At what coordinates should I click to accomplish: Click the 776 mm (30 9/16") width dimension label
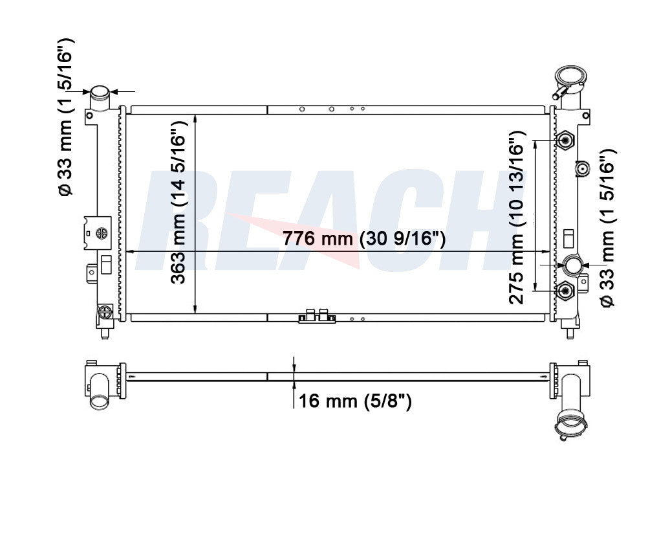(364, 239)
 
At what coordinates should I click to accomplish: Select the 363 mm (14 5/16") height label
(178, 203)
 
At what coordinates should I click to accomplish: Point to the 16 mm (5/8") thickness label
(355, 401)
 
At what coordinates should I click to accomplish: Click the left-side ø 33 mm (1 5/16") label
(66, 117)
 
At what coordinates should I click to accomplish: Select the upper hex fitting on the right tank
(565, 140)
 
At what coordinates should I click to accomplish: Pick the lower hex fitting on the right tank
(565, 291)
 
